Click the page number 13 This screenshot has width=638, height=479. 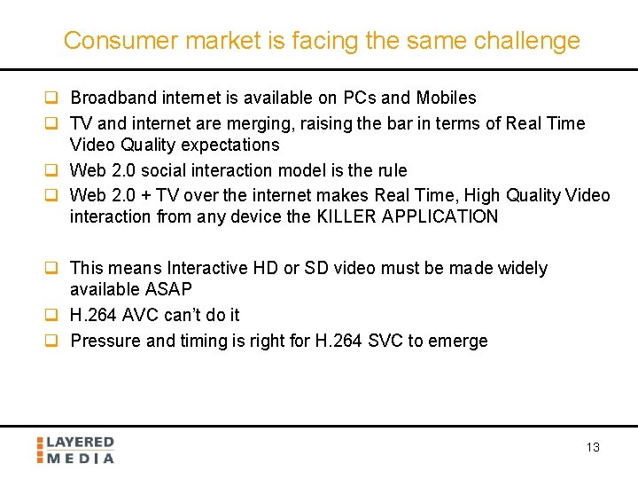tap(593, 447)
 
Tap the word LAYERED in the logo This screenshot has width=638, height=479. tap(80, 442)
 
